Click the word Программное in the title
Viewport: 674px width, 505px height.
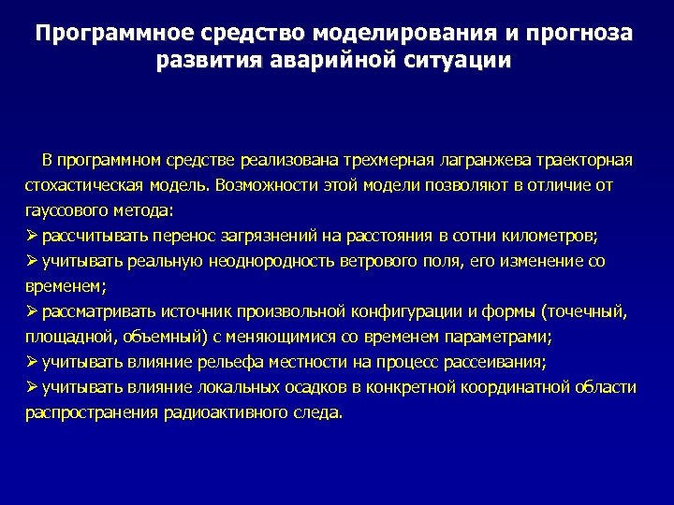click(105, 34)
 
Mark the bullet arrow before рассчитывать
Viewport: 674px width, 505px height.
click(31, 235)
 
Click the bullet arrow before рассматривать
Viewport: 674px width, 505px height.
click(31, 310)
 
